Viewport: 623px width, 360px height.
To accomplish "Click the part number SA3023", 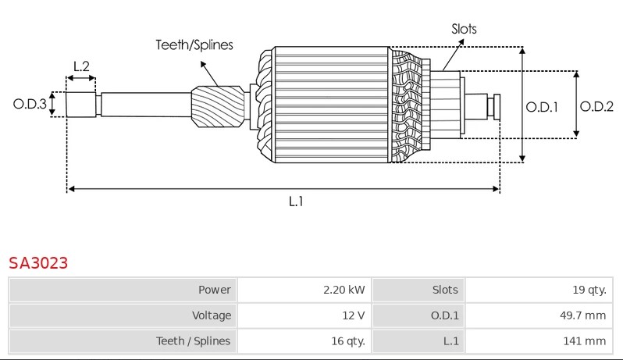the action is point(38,263).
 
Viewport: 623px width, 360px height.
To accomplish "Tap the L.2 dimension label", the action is point(81,66).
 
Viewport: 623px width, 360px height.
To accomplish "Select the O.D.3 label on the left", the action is point(30,104).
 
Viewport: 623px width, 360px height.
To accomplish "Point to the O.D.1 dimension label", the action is point(542,107).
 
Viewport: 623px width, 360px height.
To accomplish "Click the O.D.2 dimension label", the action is point(596,106).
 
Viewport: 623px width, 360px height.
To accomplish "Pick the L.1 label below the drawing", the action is point(296,201).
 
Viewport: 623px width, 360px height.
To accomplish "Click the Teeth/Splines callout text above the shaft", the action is point(194,45).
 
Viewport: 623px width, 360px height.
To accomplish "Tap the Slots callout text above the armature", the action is point(464,29).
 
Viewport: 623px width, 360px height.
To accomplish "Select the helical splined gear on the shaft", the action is point(218,106).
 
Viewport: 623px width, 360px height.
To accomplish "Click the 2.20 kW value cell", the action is point(304,290).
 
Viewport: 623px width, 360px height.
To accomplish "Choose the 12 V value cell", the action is point(304,315).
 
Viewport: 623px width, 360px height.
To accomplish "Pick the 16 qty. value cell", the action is point(304,341).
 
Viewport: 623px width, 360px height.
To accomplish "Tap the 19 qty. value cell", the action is point(539,290).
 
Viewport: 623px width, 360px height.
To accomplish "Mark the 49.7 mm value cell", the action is point(539,315).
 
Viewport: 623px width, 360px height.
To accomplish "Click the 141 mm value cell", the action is point(539,341).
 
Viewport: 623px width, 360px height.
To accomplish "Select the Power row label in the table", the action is point(215,290).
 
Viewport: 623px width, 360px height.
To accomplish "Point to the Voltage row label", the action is point(212,315).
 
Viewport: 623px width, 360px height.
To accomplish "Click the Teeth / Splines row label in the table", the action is point(193,341).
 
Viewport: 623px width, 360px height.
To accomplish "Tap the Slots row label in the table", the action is point(445,290).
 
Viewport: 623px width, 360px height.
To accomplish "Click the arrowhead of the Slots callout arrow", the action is point(461,41).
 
